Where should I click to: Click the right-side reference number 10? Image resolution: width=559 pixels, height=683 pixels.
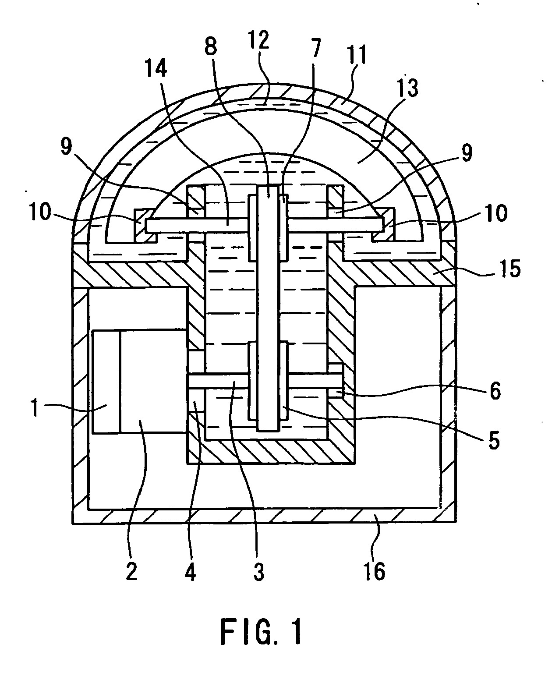point(495,214)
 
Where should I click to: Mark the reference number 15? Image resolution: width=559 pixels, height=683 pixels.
point(509,269)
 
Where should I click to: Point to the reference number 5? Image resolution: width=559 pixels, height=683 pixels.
point(493,441)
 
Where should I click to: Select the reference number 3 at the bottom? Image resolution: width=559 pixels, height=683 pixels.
point(259,572)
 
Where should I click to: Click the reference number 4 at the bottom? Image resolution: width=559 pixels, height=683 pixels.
point(190,572)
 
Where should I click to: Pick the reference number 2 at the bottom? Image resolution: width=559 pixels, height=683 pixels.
point(131,572)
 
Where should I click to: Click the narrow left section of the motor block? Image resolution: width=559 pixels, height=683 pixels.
point(106,382)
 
